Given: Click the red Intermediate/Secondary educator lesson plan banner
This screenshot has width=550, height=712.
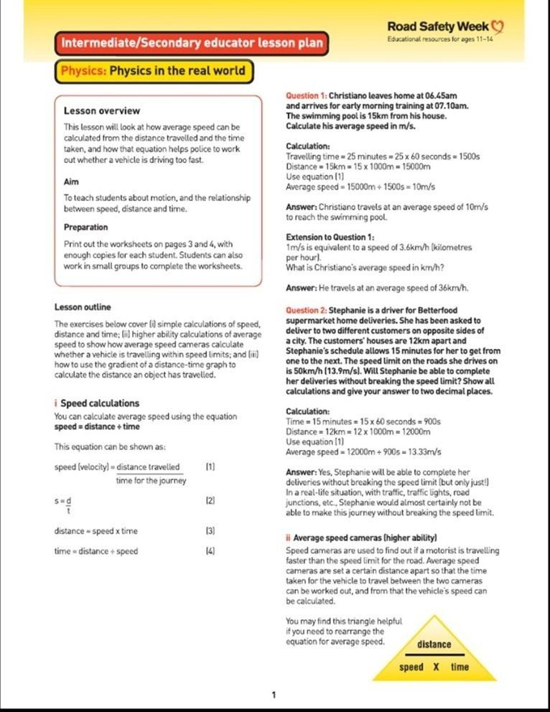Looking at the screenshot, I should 192,43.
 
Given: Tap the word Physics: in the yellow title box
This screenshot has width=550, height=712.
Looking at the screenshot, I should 84,71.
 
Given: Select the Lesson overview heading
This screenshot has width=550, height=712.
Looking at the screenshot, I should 102,111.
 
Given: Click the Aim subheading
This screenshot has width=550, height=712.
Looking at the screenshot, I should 71,182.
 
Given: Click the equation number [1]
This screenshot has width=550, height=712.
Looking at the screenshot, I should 210,467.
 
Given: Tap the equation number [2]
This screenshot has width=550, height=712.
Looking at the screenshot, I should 210,500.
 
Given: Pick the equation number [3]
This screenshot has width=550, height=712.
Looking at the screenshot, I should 210,531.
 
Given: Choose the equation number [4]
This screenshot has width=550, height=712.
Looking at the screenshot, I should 210,551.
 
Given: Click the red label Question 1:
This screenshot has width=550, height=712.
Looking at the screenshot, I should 306,95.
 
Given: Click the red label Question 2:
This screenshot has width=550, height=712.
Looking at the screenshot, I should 306,311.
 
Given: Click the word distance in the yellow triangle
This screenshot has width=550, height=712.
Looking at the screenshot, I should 434,645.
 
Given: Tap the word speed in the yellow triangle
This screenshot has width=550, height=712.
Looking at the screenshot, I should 411,667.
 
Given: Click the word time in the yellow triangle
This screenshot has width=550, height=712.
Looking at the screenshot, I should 460,667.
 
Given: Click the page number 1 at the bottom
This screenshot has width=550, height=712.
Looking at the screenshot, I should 274,694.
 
